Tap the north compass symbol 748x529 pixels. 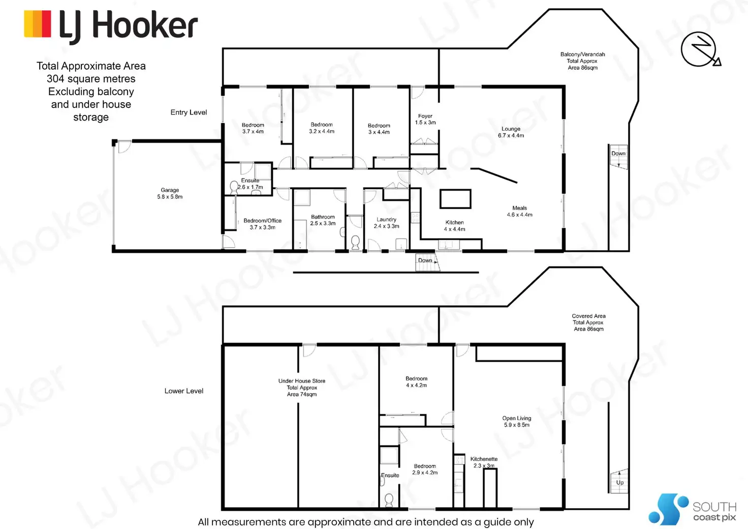[x=700, y=49]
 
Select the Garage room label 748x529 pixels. [x=170, y=193]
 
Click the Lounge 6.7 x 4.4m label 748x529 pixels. [x=511, y=132]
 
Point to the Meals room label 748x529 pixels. [x=519, y=211]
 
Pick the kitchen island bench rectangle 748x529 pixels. [x=455, y=199]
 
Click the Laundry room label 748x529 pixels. [x=386, y=223]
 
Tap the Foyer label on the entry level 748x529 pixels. [x=425, y=119]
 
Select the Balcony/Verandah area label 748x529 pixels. [x=582, y=61]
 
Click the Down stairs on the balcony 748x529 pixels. [x=618, y=158]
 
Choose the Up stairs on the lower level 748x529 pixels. [x=619, y=481]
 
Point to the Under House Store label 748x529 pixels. [x=302, y=387]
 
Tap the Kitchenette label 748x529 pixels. [x=484, y=462]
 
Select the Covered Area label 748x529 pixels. [x=588, y=322]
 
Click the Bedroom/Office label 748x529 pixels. [x=262, y=224]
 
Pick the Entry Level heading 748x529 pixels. [x=189, y=112]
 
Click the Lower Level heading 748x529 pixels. [x=183, y=391]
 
